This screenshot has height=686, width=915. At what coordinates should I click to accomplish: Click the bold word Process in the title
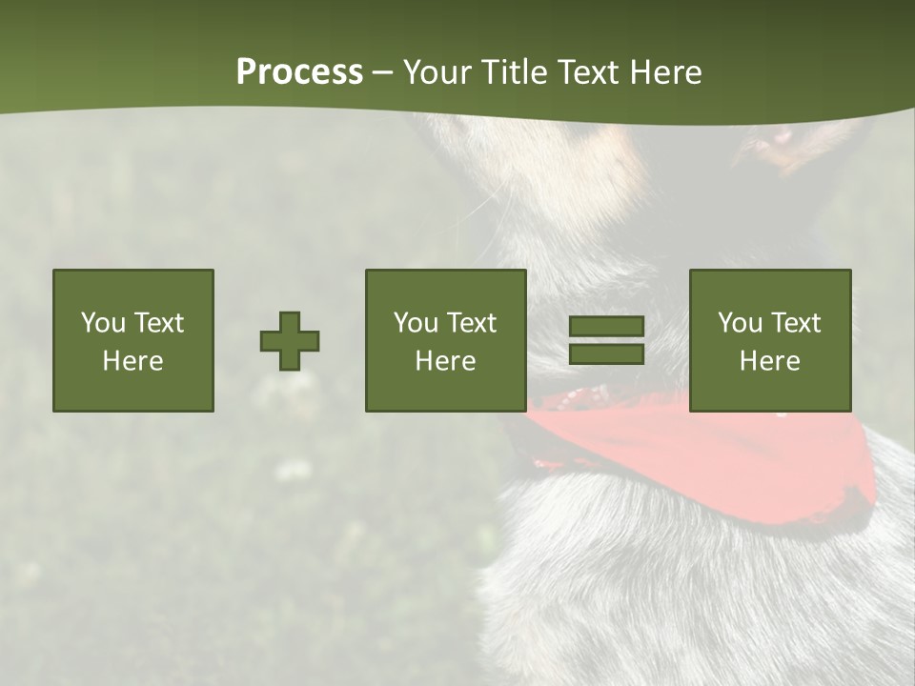(299, 72)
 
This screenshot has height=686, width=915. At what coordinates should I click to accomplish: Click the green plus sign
(290, 341)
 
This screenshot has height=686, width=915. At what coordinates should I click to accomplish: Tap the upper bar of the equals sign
(606, 327)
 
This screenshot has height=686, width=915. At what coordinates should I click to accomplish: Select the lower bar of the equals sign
(606, 354)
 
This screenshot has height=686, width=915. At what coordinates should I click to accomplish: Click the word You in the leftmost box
(103, 323)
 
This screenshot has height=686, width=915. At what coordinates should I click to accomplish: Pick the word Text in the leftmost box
(158, 323)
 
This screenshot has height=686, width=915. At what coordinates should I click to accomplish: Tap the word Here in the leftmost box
(132, 361)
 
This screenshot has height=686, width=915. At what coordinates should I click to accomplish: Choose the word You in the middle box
(416, 323)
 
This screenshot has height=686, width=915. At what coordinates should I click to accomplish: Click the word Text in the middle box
(471, 323)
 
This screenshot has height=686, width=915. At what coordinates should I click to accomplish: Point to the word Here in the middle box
(445, 361)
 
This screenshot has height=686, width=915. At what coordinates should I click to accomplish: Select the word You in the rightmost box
(740, 323)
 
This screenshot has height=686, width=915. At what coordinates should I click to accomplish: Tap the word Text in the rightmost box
(795, 323)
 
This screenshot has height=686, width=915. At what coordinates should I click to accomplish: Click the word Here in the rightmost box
(769, 361)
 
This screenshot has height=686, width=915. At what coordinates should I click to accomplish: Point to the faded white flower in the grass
(293, 470)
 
